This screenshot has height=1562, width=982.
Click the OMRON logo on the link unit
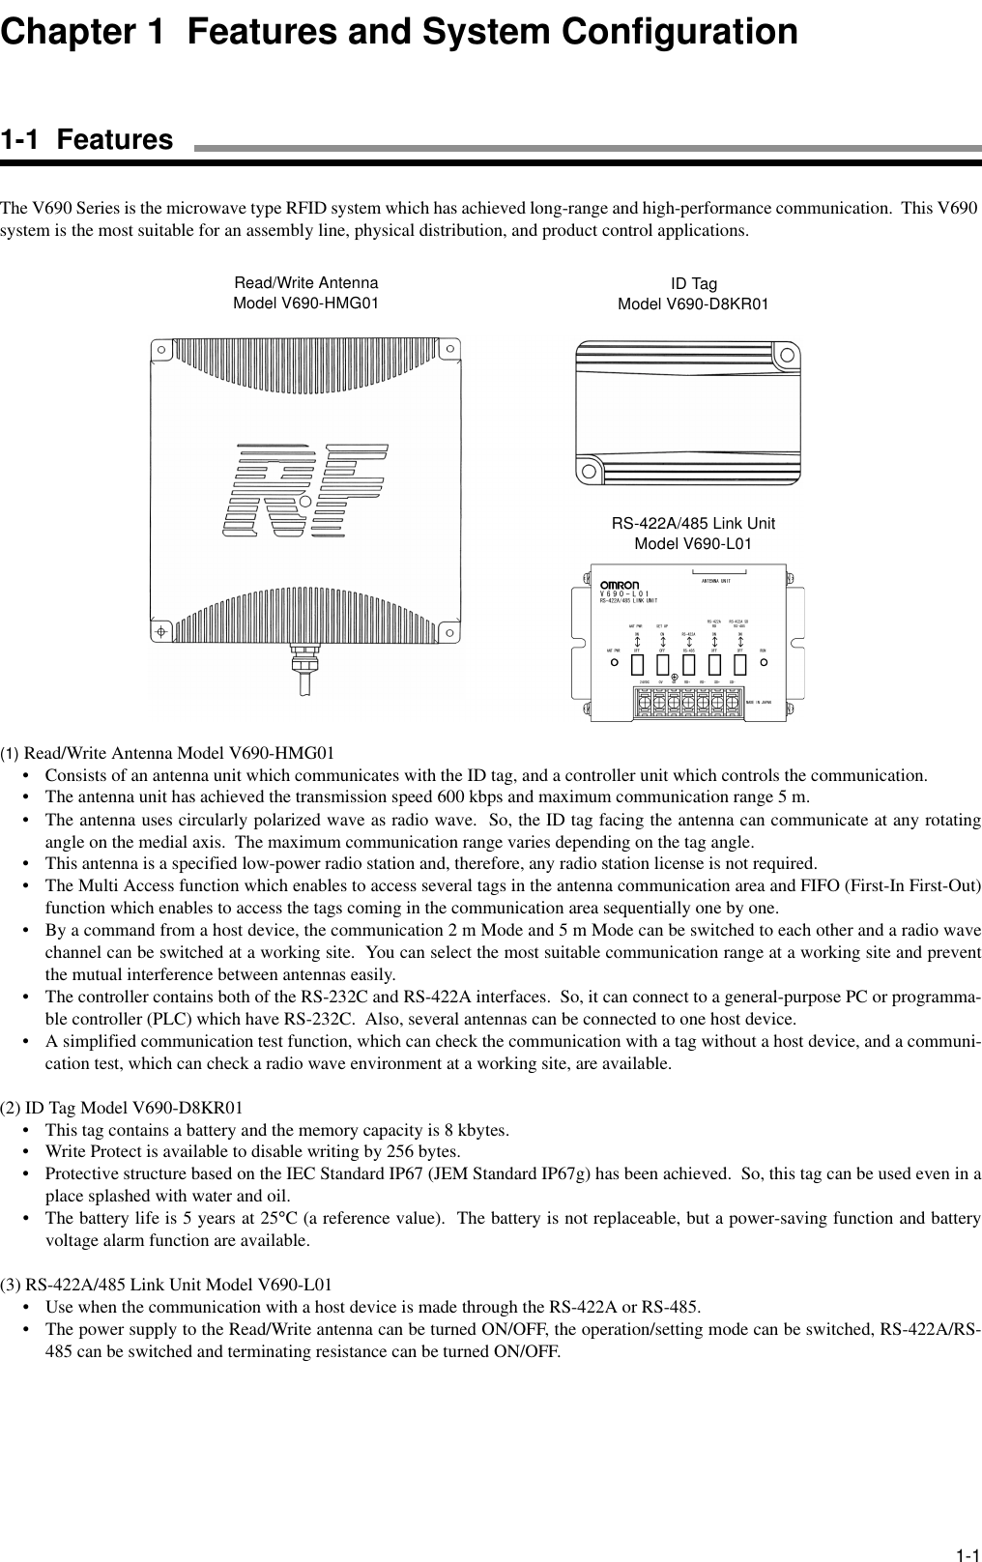coord(620,585)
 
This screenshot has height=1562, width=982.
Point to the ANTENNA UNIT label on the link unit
coord(715,581)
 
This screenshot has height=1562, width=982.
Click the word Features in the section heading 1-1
coord(115,140)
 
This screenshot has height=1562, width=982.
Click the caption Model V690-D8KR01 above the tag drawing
coord(693,304)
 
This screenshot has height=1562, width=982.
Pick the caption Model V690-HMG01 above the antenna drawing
coord(305,303)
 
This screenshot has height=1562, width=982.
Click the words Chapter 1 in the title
coord(81,32)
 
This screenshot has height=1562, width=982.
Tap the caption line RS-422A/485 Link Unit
coord(693,524)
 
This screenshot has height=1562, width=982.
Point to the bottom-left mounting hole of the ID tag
coord(589,472)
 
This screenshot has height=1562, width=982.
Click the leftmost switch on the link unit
coord(638,664)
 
